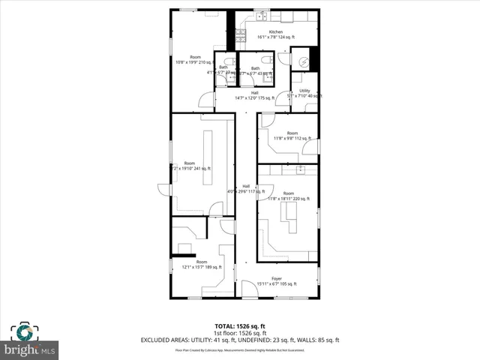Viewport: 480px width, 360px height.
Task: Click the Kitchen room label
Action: tap(276, 32)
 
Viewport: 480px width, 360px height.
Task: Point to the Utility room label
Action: tap(304, 91)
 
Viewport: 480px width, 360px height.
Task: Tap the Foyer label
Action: tap(277, 278)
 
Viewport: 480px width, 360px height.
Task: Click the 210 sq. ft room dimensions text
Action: tap(195, 63)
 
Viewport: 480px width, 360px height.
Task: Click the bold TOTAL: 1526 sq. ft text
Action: tap(240, 326)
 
